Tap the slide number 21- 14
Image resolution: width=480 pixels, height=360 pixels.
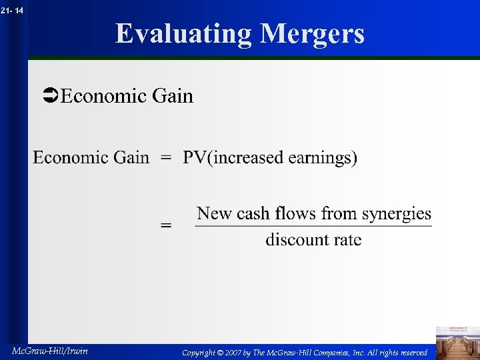tap(12, 9)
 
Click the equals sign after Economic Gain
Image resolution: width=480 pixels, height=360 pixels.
tap(166, 159)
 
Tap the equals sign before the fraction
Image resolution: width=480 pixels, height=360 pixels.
tap(166, 226)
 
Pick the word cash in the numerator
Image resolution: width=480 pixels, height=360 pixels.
tap(254, 214)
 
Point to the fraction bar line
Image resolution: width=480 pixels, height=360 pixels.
tap(313, 227)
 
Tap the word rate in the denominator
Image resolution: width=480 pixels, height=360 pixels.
tap(347, 240)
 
